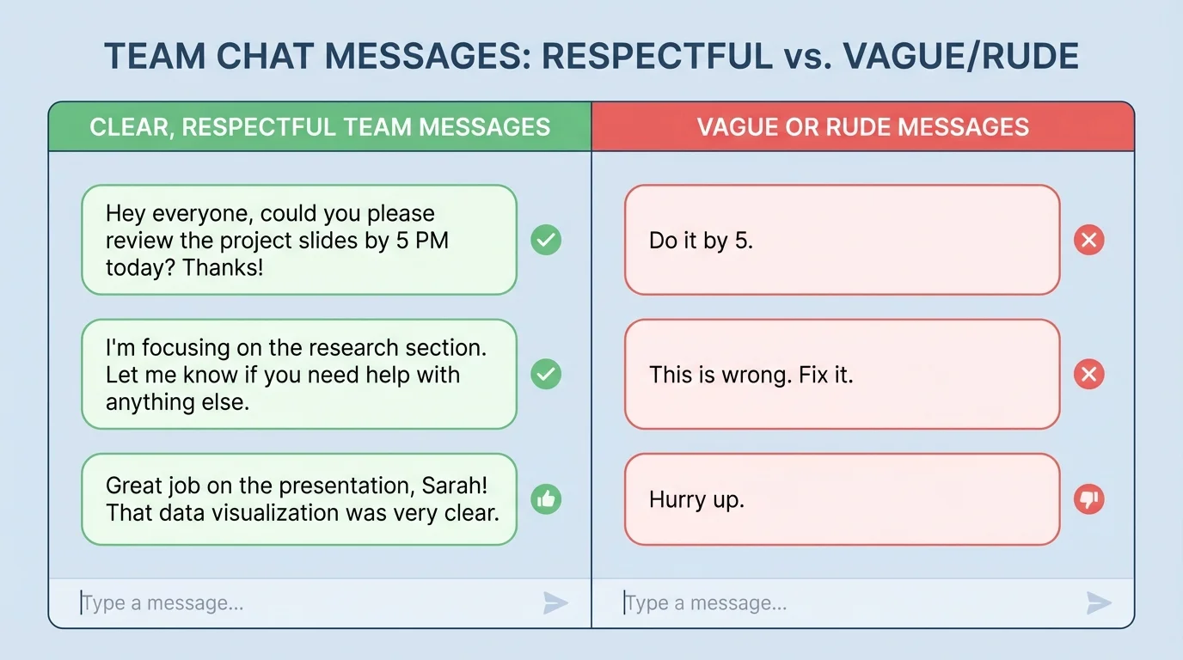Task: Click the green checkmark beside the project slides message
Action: click(x=546, y=240)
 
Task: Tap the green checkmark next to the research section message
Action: click(x=546, y=374)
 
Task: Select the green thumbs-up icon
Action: click(x=546, y=499)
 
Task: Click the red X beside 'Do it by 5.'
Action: click(x=1089, y=240)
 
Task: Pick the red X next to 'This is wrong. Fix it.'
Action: click(x=1089, y=374)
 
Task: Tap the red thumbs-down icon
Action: click(x=1089, y=499)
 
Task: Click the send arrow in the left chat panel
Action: click(x=555, y=603)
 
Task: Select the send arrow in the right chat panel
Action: click(x=1099, y=603)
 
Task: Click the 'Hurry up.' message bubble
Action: click(x=842, y=499)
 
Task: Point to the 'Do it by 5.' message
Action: click(x=842, y=240)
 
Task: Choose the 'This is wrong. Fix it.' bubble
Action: click(x=842, y=374)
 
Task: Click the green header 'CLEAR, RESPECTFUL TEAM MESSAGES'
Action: click(x=320, y=127)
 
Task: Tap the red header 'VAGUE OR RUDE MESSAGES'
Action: click(x=862, y=127)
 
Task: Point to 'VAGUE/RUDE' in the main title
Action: click(x=960, y=57)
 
